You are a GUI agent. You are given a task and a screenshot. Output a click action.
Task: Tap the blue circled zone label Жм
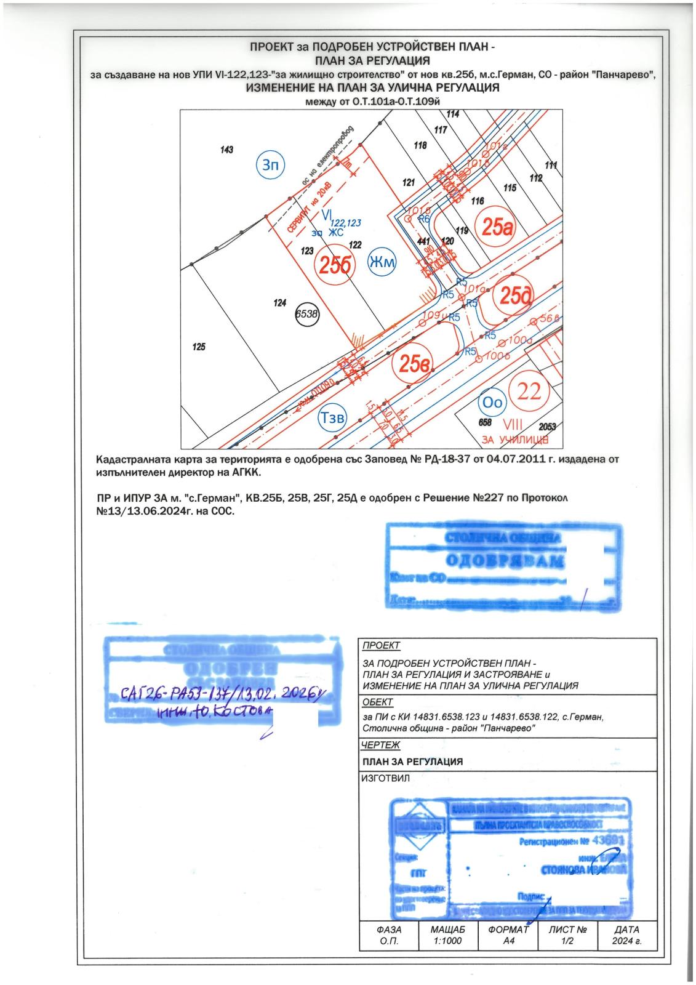pyautogui.click(x=382, y=262)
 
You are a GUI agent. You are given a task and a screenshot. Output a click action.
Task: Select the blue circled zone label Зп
pyautogui.click(x=271, y=164)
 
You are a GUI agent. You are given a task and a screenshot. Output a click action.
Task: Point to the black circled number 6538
pyautogui.click(x=307, y=313)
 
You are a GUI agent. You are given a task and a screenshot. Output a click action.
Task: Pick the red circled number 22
pyautogui.click(x=529, y=391)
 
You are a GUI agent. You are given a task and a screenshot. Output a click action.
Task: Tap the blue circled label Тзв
pyautogui.click(x=332, y=417)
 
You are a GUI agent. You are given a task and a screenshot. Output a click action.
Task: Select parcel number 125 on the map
pyautogui.click(x=198, y=347)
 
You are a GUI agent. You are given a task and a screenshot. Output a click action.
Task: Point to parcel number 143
pyautogui.click(x=227, y=150)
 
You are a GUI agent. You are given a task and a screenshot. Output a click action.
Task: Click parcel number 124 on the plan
pyautogui.click(x=281, y=303)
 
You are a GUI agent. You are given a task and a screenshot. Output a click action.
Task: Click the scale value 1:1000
pyautogui.click(x=448, y=942)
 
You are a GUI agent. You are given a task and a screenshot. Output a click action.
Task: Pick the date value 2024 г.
pyautogui.click(x=626, y=942)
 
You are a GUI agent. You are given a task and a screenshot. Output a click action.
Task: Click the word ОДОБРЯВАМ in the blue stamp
pyautogui.click(x=504, y=561)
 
